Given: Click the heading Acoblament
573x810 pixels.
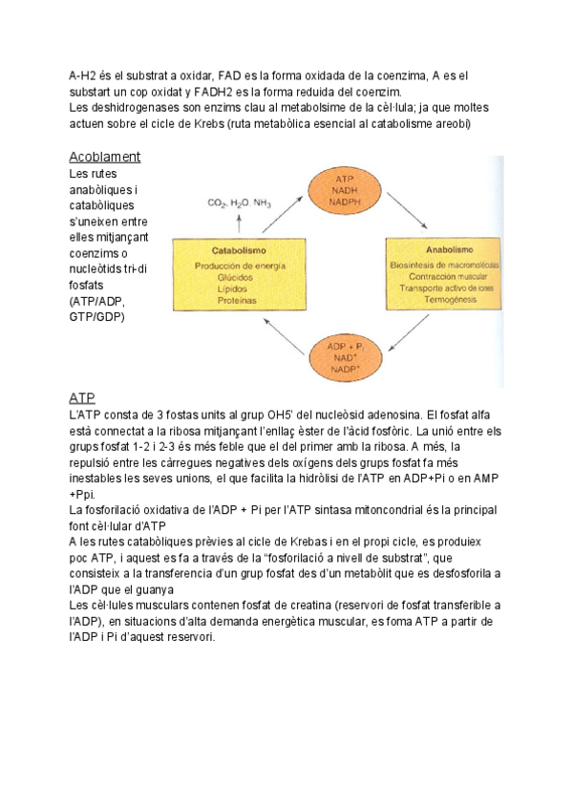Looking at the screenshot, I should pyautogui.click(x=105, y=157).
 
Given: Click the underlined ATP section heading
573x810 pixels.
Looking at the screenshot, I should pyautogui.click(x=82, y=396).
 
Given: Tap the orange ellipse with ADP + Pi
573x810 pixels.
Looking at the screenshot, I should pyautogui.click(x=345, y=357).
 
